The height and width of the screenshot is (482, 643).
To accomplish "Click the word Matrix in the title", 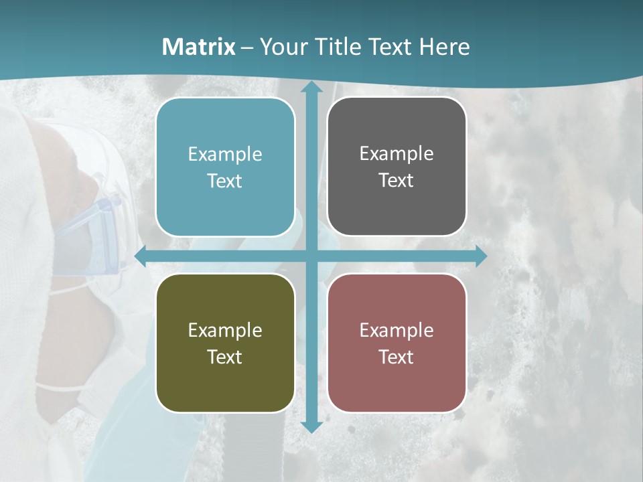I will tap(198, 47).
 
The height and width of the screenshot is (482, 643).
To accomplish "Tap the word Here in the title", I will tap(444, 47).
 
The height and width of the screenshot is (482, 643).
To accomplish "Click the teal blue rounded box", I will tap(225, 167).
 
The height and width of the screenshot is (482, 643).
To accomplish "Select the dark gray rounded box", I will tap(397, 167).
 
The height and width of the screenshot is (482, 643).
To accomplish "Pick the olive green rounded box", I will tap(225, 343).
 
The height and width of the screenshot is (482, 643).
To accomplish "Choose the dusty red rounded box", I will tap(397, 343).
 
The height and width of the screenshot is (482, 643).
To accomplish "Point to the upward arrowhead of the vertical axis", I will tap(311, 88).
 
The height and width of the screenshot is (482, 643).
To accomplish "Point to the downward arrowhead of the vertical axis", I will tap(311, 426).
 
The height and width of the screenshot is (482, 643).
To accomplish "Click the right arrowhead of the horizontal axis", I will tap(480, 256).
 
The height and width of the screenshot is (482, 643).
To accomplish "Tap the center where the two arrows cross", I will tap(311, 256).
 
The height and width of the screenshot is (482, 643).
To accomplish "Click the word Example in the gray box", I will tap(397, 154).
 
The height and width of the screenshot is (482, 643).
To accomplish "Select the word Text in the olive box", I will tap(224, 357).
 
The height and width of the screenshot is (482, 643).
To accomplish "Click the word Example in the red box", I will tap(397, 330).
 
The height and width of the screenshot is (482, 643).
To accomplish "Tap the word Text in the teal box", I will tap(224, 181).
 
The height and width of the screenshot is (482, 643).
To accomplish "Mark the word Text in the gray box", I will tap(396, 181).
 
